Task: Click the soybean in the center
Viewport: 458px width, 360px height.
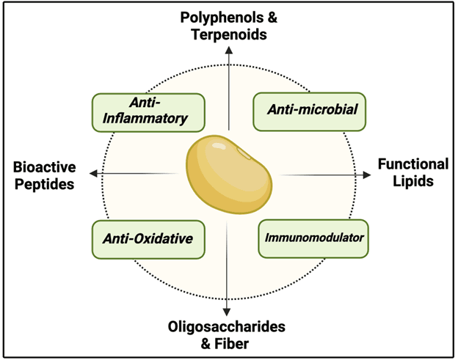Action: [229, 175]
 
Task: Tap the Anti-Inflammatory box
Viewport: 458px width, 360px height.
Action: [148, 112]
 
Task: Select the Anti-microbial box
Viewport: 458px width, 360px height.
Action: [309, 111]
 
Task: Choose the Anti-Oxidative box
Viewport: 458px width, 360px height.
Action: [148, 240]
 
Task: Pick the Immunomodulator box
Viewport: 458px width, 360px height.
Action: [313, 238]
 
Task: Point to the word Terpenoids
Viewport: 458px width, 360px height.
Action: [229, 34]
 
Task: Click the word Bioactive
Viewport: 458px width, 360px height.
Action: [44, 167]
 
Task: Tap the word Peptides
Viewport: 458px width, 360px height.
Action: [44, 185]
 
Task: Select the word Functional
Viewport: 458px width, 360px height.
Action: [413, 164]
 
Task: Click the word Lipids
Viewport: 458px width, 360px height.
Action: [413, 181]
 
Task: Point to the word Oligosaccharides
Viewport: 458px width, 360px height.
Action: [226, 327]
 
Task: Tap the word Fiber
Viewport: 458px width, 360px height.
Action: [232, 344]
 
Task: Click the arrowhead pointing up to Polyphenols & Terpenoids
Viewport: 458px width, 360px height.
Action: [229, 50]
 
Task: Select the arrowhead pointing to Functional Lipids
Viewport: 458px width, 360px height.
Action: [367, 175]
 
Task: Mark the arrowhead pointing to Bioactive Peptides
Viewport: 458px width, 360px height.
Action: [93, 173]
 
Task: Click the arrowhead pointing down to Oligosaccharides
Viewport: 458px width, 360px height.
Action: [227, 312]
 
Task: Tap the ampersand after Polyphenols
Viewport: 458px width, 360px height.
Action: [272, 18]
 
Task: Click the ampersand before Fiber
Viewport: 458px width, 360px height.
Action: [206, 344]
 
